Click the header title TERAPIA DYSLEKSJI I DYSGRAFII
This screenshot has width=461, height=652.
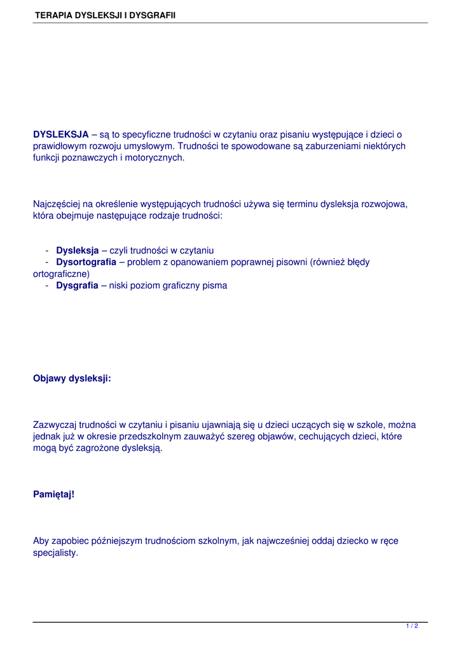105,15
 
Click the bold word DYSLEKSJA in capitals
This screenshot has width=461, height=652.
61,134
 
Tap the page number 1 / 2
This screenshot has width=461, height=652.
412,627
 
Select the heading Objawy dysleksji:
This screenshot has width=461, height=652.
72,378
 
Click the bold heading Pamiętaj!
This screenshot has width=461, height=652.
53,493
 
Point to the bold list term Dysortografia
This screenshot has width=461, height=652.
86,262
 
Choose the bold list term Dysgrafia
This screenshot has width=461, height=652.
78,286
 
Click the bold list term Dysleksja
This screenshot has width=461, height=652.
78,250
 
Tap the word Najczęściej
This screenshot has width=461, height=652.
57,204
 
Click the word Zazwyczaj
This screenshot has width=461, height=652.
55,425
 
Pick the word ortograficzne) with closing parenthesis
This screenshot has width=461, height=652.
62,274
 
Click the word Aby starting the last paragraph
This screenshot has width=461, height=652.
41,541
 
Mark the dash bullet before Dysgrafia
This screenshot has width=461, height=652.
48,286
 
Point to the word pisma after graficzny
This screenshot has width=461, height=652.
215,286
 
